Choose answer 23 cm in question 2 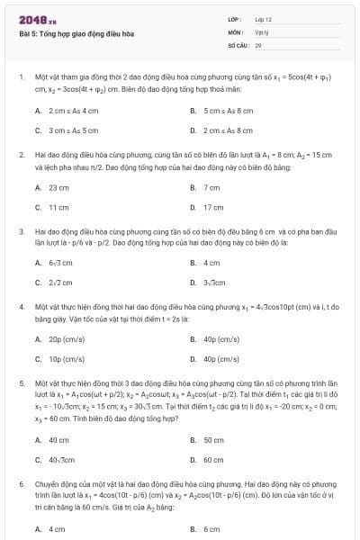click(58, 187)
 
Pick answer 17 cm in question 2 click(213, 207)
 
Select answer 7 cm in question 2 click(212, 187)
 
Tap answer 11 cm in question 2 click(58, 207)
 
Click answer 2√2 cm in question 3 click(60, 283)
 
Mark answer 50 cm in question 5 click(213, 440)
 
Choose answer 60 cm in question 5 click(213, 460)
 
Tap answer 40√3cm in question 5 click(62, 460)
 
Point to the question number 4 click(21, 306)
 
